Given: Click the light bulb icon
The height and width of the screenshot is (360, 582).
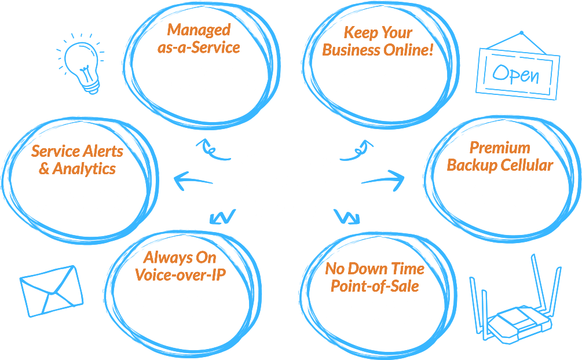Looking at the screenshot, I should [x=81, y=63].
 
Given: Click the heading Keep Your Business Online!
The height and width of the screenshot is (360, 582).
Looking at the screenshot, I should [x=378, y=41].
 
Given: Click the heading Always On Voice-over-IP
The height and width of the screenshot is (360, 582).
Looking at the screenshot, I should [x=180, y=265].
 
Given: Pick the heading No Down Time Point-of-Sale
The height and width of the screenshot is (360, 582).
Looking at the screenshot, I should [x=375, y=277].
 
